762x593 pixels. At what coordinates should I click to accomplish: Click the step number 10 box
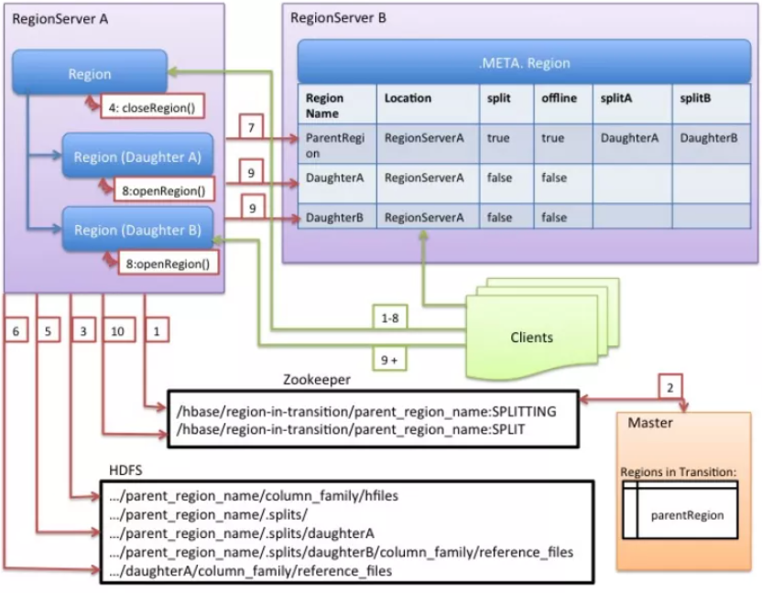(x=115, y=332)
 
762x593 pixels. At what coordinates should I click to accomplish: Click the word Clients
(x=531, y=337)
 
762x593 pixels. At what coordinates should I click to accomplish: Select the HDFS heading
(x=125, y=469)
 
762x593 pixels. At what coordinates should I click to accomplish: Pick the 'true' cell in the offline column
(x=553, y=138)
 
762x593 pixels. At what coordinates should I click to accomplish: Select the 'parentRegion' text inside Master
(x=687, y=515)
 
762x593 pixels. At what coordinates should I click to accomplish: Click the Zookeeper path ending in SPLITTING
(x=365, y=411)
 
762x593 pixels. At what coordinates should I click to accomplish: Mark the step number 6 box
(x=16, y=332)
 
